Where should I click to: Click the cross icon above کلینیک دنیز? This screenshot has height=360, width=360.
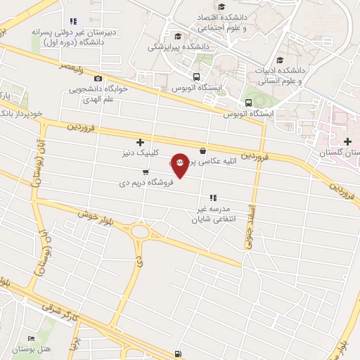tap(139, 141)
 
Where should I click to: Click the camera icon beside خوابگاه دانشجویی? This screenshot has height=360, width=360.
tap(98, 78)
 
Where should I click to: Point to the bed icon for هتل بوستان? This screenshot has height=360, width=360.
tap(30, 339)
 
